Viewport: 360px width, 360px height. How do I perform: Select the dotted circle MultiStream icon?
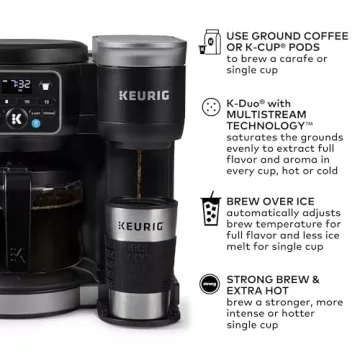pos(211,106)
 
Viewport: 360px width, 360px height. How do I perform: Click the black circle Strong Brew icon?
pos(211,282)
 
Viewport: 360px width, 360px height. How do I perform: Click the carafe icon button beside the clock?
pos(46,85)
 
